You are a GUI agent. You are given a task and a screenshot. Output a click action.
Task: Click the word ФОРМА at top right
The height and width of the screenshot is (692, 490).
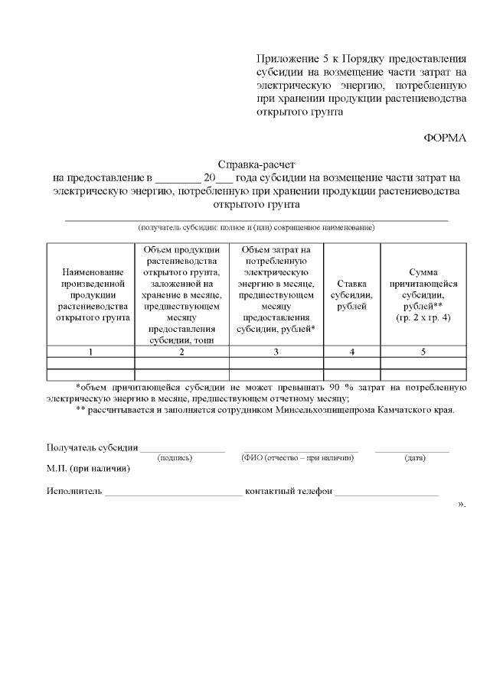[x=445, y=138]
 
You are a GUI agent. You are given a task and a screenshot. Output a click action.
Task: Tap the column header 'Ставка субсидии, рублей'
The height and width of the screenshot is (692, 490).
[x=351, y=294]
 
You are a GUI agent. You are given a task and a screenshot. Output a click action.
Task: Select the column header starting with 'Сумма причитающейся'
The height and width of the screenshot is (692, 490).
[x=423, y=294]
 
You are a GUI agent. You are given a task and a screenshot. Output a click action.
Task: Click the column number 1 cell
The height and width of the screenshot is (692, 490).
[x=90, y=352]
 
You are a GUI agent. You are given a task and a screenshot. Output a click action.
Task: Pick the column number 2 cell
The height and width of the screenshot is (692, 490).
[x=181, y=352]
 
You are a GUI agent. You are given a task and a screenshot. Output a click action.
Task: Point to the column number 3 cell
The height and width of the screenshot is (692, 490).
[x=276, y=352]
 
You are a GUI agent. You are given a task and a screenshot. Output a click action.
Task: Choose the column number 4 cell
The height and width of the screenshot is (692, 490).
[x=351, y=352]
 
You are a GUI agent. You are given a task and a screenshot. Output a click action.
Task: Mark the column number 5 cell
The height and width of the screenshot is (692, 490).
[x=423, y=352]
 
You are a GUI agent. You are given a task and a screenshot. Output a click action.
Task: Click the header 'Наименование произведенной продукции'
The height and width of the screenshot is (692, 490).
[x=90, y=294]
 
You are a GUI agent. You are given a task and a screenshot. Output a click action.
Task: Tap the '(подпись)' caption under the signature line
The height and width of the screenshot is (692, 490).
[x=175, y=457]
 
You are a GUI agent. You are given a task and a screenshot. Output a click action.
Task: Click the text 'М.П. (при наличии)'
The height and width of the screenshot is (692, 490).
[x=87, y=468]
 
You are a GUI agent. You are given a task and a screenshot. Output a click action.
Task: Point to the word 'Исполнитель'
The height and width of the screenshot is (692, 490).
[x=73, y=491]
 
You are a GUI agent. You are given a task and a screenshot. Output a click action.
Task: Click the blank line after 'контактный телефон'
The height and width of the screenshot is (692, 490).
[x=386, y=492]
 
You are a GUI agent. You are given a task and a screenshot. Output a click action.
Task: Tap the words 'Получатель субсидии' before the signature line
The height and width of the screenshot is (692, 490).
[x=92, y=447]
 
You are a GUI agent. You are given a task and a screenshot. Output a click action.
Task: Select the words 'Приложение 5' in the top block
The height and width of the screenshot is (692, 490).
[x=286, y=60]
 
